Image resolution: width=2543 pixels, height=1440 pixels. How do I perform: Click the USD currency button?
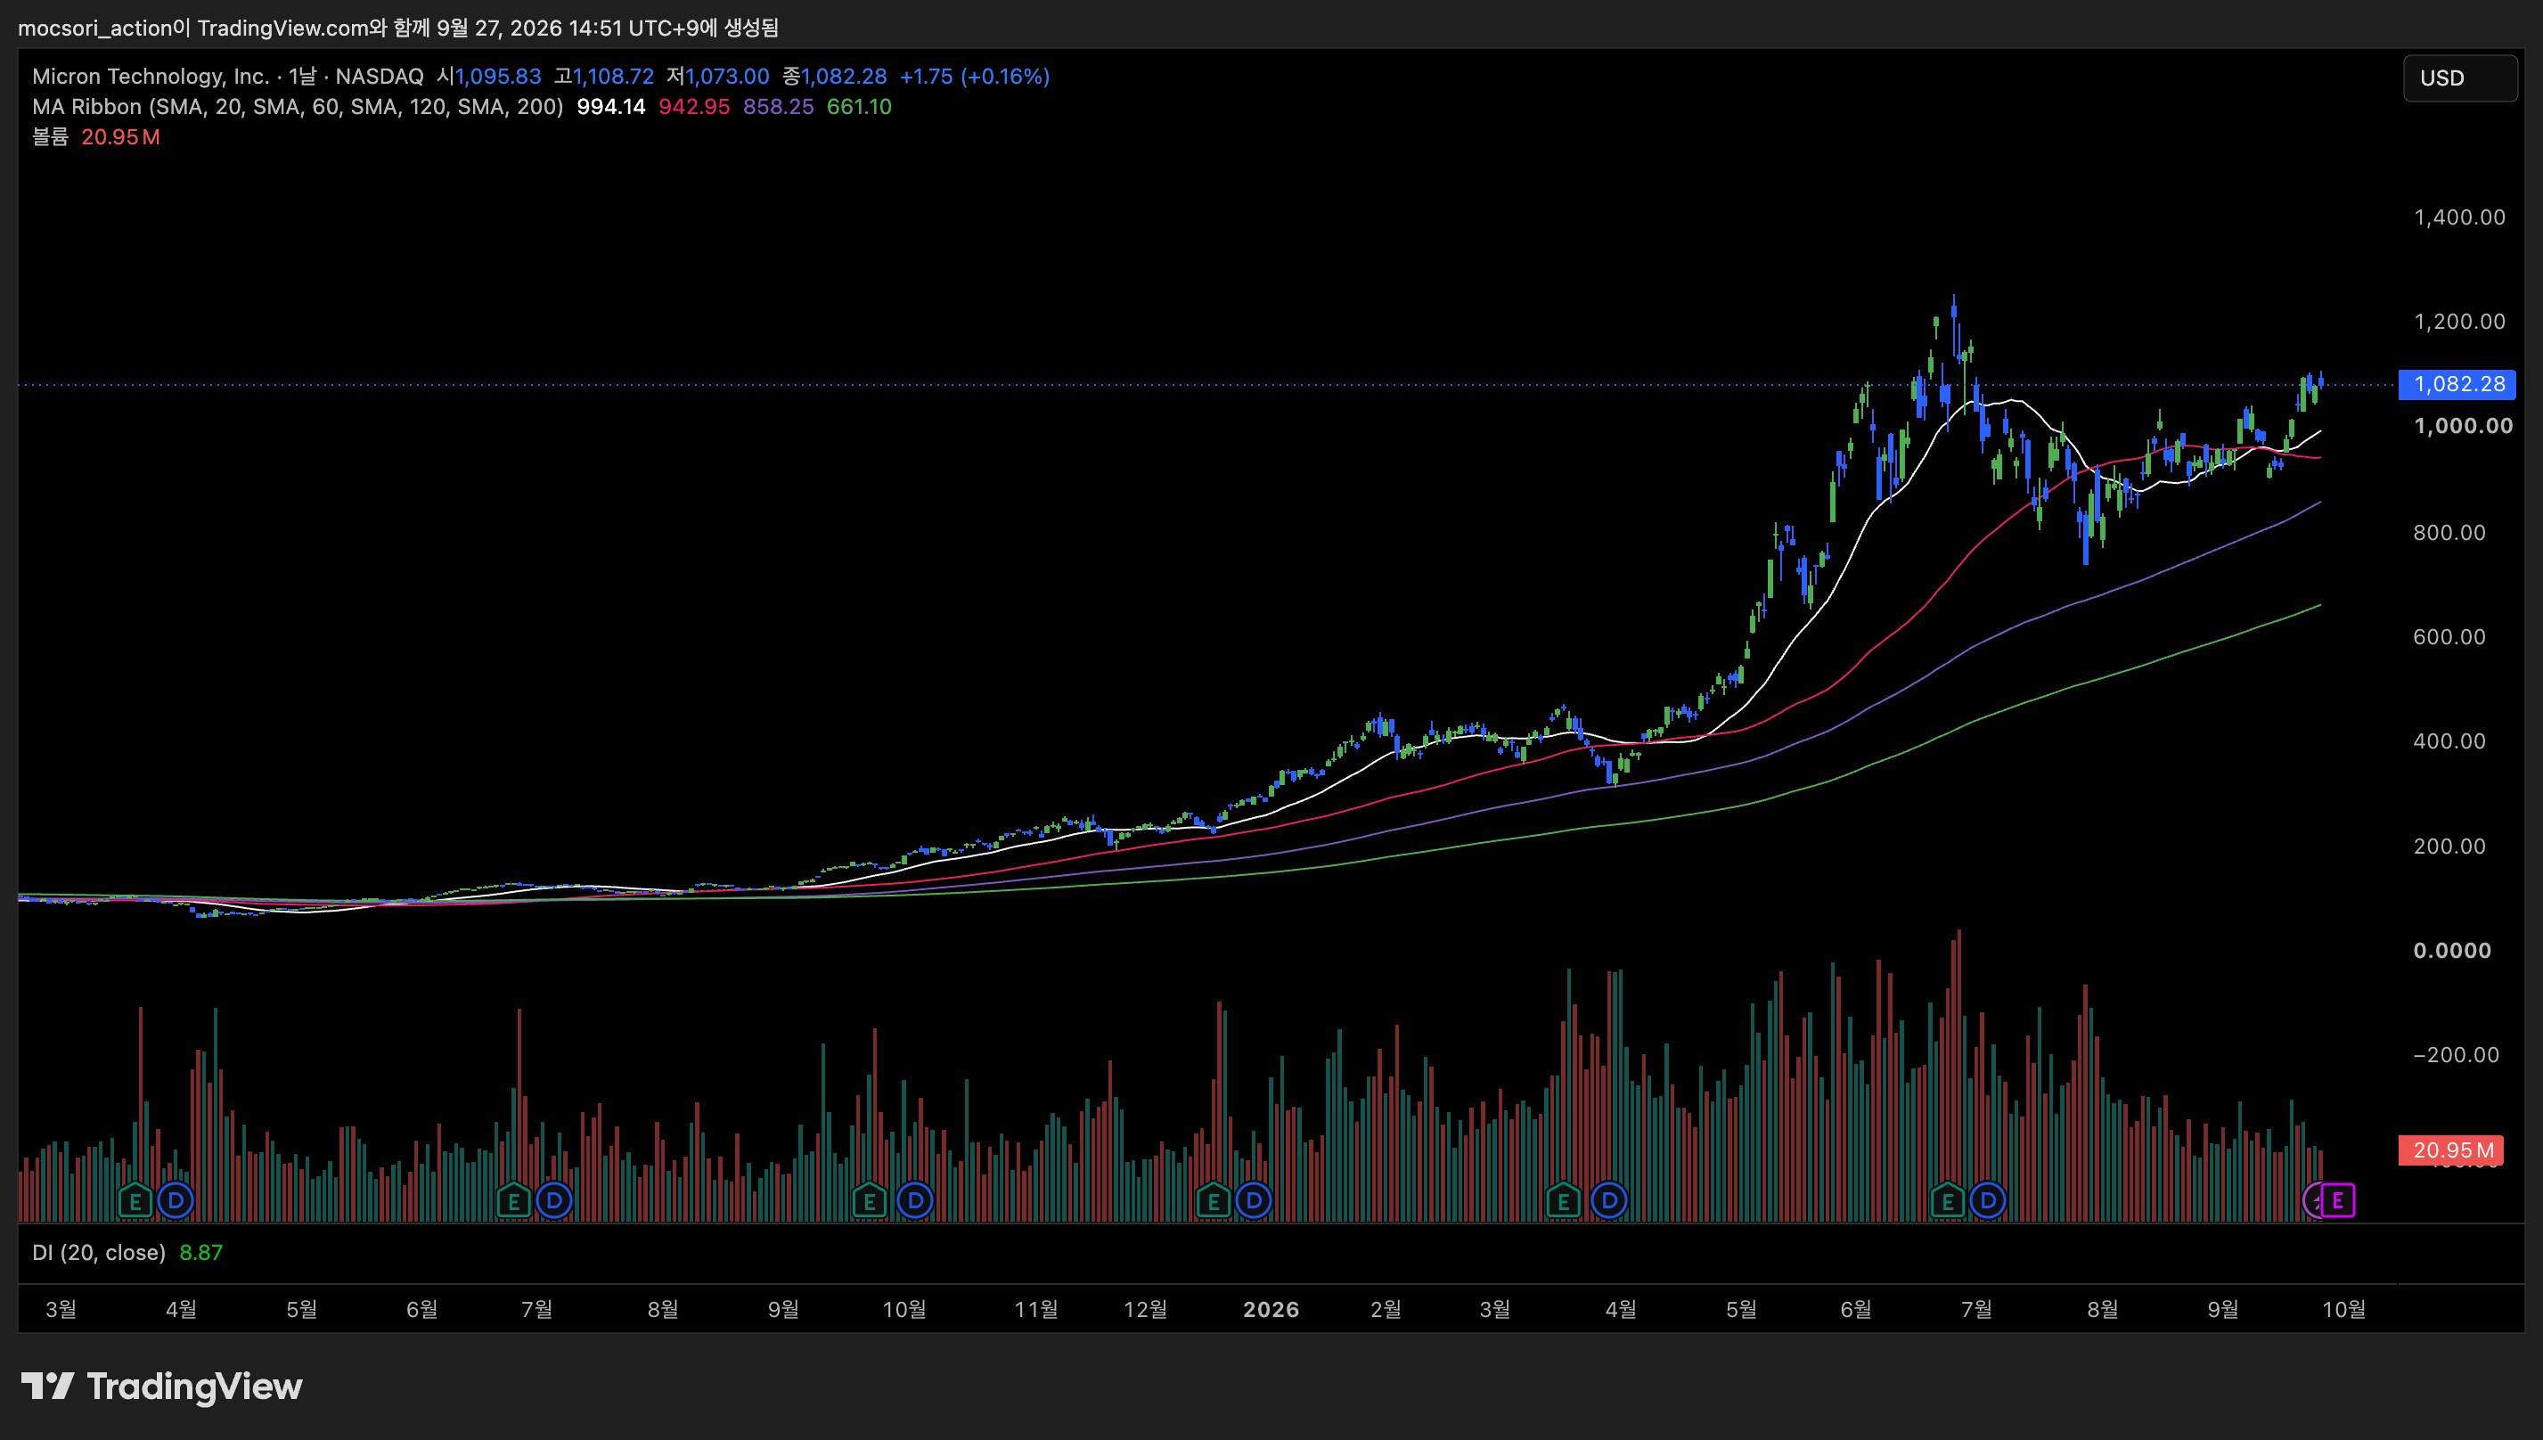pyautogui.click(x=2460, y=78)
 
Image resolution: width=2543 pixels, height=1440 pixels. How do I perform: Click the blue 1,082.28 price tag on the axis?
pyautogui.click(x=2457, y=384)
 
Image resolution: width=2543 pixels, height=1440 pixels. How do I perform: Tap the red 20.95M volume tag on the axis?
pyautogui.click(x=2451, y=1150)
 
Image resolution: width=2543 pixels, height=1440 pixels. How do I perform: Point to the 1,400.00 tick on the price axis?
pyautogui.click(x=2459, y=217)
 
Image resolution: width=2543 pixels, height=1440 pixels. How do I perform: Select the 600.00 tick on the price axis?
pyautogui.click(x=2449, y=637)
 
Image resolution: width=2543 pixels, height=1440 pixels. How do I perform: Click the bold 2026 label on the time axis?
pyautogui.click(x=1271, y=1309)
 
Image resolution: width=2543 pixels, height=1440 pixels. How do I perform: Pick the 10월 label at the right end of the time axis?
pyautogui.click(x=2343, y=1309)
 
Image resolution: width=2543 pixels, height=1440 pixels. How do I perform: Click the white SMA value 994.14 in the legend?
pyautogui.click(x=611, y=107)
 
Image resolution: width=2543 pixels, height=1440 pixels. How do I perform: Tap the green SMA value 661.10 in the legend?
pyautogui.click(x=859, y=107)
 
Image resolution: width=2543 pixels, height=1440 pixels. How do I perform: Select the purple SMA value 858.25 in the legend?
pyautogui.click(x=778, y=107)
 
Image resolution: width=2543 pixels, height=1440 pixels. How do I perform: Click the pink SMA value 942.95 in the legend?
pyautogui.click(x=694, y=107)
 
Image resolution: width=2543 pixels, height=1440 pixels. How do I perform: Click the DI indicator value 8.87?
pyautogui.click(x=200, y=1252)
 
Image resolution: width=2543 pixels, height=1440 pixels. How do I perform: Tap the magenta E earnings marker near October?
pyautogui.click(x=2337, y=1200)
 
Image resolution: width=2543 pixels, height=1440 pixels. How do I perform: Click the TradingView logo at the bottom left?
pyautogui.click(x=162, y=1386)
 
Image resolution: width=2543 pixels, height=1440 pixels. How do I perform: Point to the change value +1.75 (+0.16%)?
pyautogui.click(x=974, y=76)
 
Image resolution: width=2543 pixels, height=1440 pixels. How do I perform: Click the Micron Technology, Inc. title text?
pyautogui.click(x=151, y=76)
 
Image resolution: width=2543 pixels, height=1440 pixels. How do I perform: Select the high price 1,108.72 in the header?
pyautogui.click(x=613, y=76)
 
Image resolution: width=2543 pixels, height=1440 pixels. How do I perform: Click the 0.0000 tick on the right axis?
pyautogui.click(x=2452, y=951)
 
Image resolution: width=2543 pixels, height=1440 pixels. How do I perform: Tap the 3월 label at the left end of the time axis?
pyautogui.click(x=61, y=1309)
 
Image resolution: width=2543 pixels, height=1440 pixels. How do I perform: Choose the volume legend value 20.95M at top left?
pyautogui.click(x=120, y=137)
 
